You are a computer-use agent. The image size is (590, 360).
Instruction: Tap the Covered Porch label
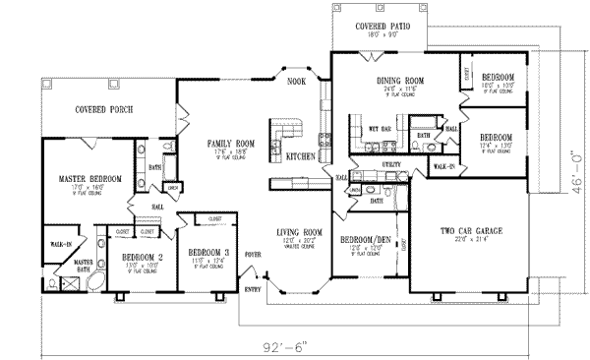pos(104,109)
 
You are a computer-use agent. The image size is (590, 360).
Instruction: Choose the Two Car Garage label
pos(472,232)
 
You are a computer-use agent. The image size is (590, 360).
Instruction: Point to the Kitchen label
pos(299,157)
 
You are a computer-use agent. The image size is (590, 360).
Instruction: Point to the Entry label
pos(253,289)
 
